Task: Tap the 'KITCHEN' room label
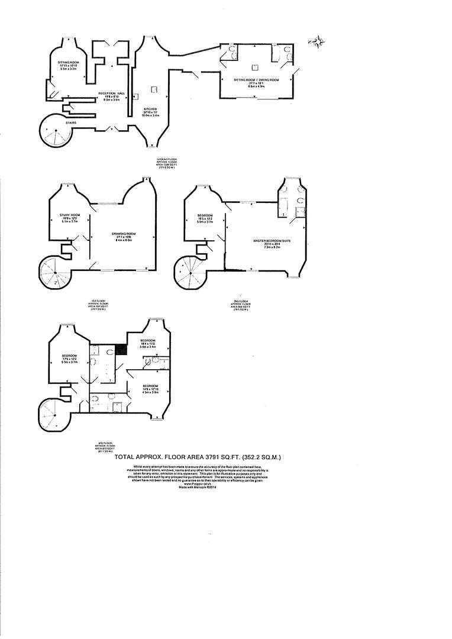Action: pyautogui.click(x=150, y=109)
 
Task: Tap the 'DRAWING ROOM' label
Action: pyautogui.click(x=124, y=234)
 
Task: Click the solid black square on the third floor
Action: pyautogui.click(x=121, y=349)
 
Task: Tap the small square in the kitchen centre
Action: pyautogui.click(x=153, y=90)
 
